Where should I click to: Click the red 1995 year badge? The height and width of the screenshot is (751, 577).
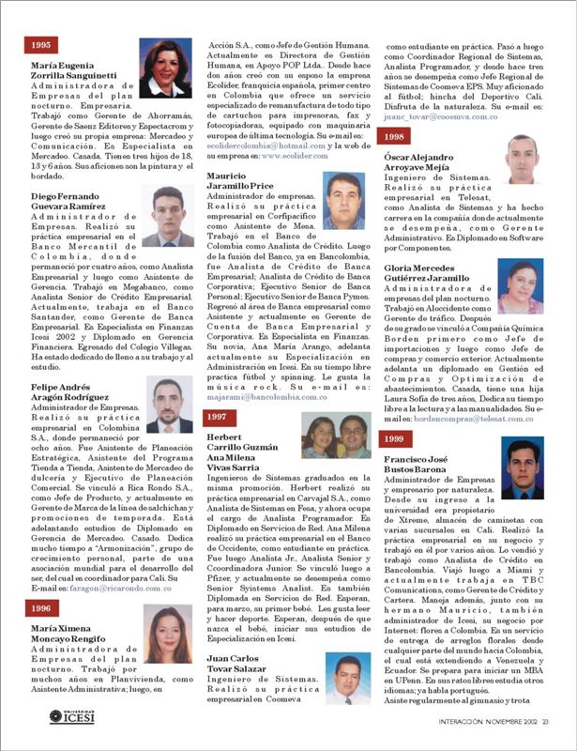pos(41,45)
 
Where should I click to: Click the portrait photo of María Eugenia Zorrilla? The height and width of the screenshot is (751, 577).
pos(162,69)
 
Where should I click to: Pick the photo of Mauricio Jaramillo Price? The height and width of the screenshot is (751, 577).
pos(342,199)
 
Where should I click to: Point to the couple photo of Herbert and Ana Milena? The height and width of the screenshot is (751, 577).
pos(335,437)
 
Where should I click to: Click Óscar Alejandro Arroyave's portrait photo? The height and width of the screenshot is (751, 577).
pos(523,159)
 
